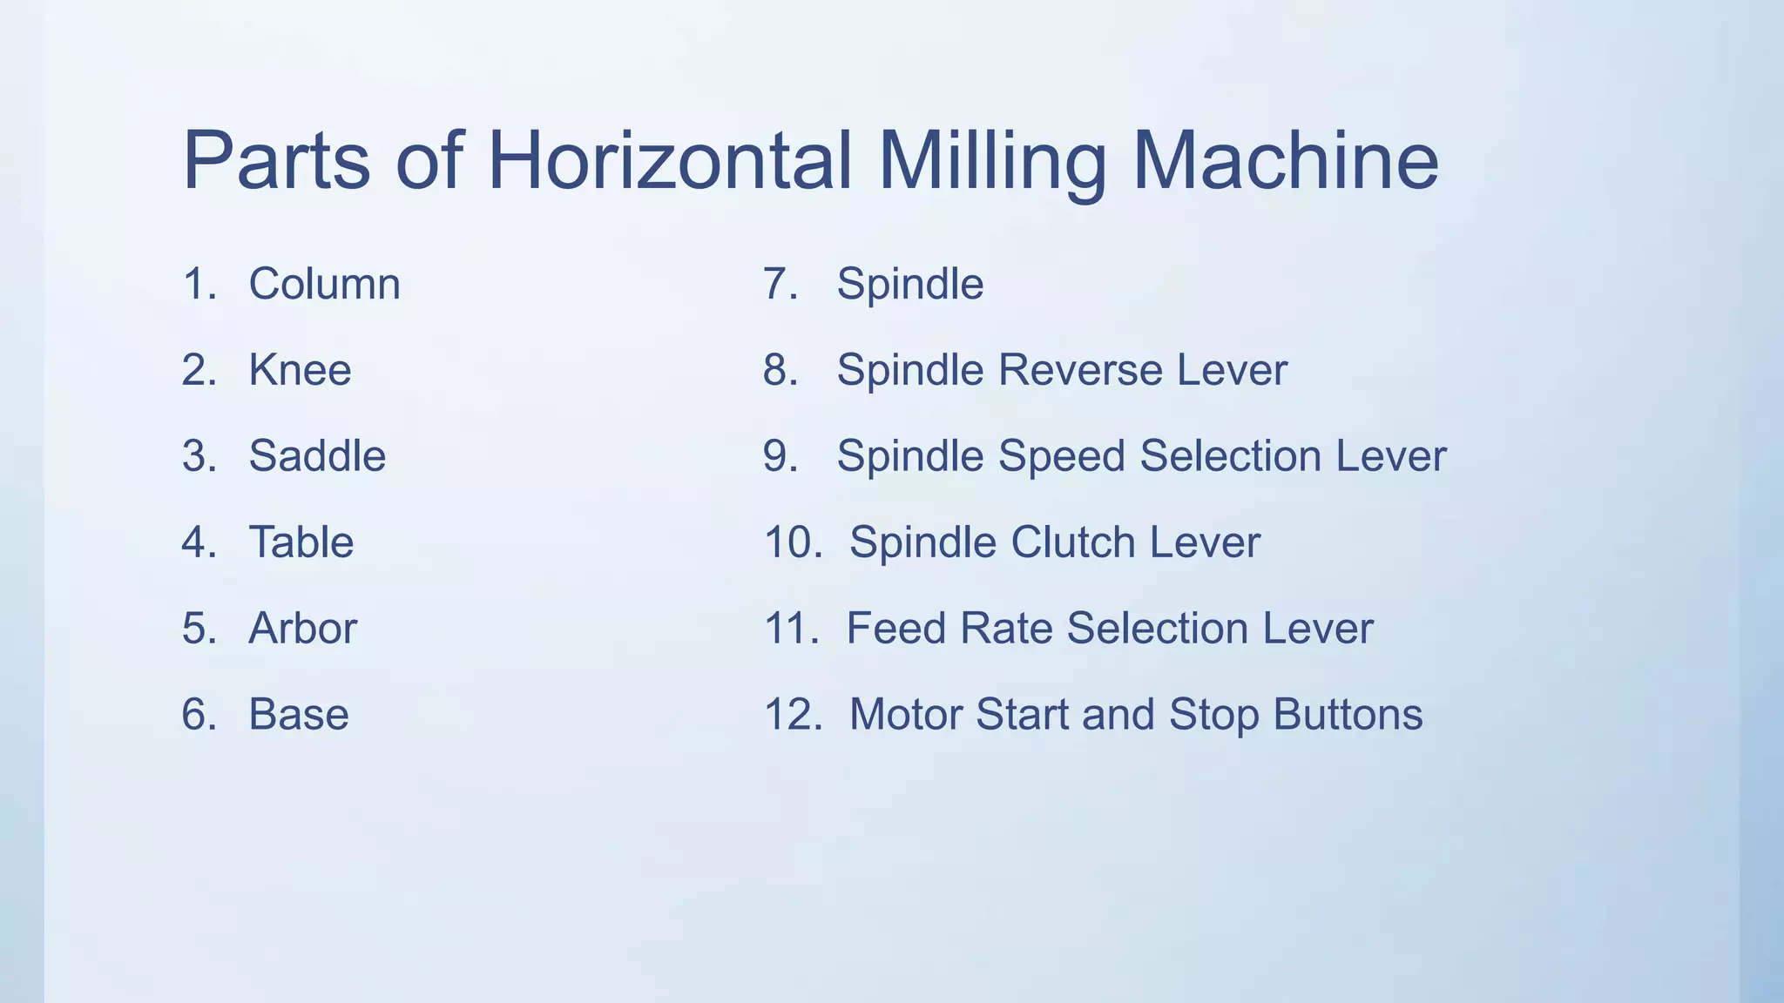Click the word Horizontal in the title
tap(669, 161)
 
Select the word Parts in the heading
tap(276, 161)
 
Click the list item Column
tap(324, 284)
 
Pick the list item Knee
tap(300, 370)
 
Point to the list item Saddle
tap(317, 456)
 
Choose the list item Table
tap(301, 542)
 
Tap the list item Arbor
tap(302, 629)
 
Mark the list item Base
tap(299, 715)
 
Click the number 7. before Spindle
tap(780, 284)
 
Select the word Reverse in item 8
tap(1080, 370)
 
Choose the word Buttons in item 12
tap(1348, 715)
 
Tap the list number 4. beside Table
tap(199, 542)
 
